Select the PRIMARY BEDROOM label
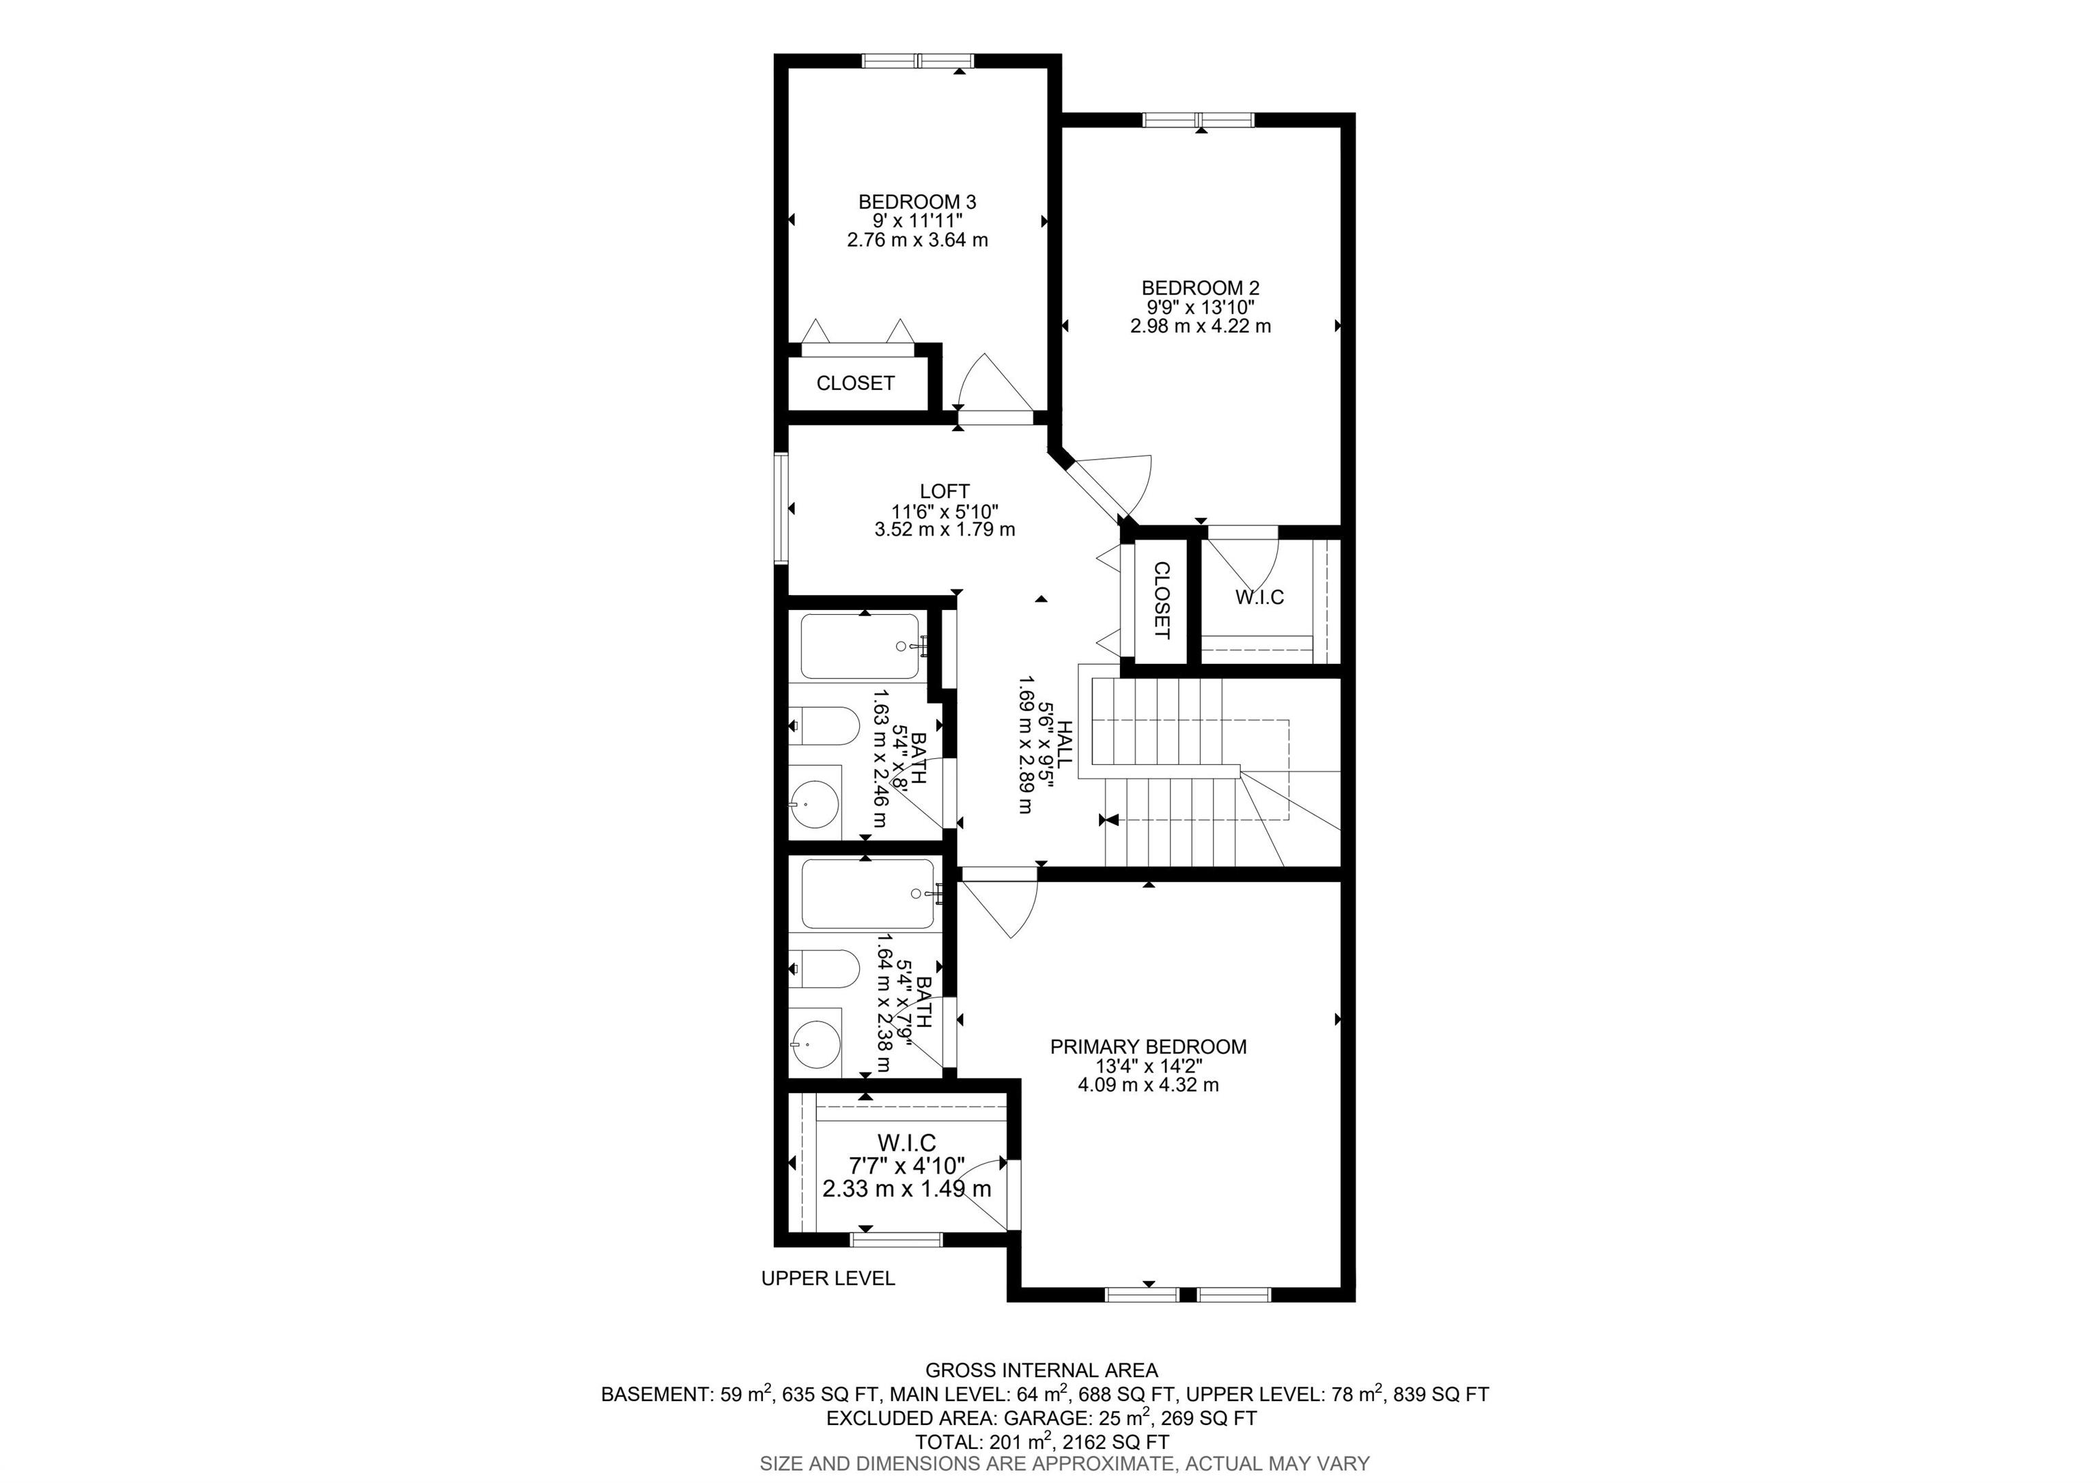[x=1149, y=1047]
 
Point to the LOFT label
[x=945, y=492]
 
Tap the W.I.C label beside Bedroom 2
[x=1259, y=598]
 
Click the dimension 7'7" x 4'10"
[x=908, y=1166]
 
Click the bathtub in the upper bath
[x=860, y=647]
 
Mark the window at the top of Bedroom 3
[x=919, y=61]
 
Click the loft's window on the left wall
[x=781, y=508]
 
